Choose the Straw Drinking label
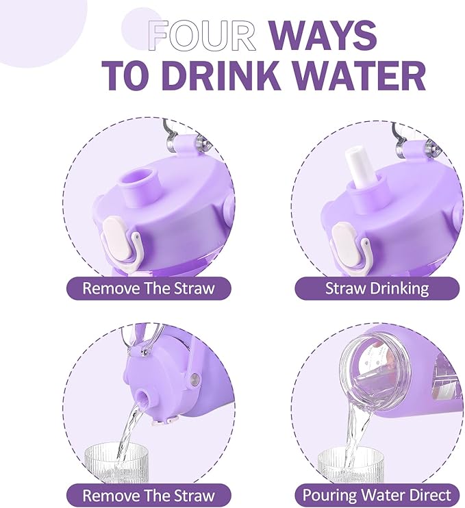[377, 288]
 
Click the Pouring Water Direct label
[377, 494]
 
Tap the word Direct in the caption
[426, 494]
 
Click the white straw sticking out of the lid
[362, 168]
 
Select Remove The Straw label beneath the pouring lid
[148, 494]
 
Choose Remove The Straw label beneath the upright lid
[148, 288]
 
